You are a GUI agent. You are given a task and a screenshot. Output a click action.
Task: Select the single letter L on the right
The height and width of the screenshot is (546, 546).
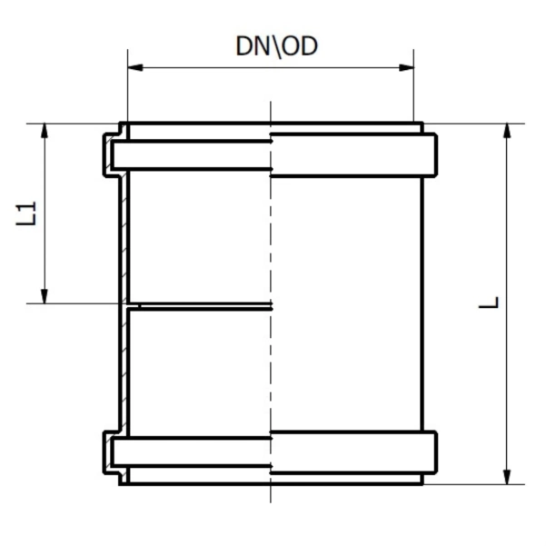tap(490, 303)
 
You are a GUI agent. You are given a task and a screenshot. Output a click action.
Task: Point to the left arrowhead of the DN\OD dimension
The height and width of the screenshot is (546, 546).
tap(134, 66)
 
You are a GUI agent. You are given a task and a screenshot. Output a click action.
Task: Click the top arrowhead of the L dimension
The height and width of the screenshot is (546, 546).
tap(506, 129)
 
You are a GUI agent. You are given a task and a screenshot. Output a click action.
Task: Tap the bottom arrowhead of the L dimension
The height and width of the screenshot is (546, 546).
tap(506, 478)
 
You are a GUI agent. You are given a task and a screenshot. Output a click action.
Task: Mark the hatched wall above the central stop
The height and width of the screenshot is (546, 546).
tap(123, 236)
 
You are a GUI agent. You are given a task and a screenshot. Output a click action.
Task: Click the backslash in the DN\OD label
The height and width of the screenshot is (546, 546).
tap(277, 45)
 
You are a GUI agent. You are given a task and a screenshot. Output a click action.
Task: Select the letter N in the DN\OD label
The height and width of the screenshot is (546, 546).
tap(259, 45)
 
